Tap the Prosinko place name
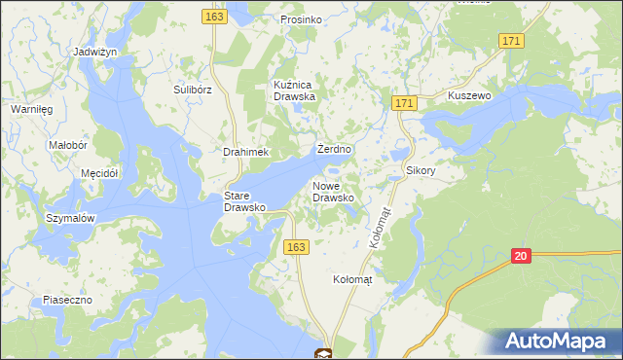(301, 19)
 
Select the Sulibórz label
(193, 90)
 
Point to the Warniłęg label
(31, 110)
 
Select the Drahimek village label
(245, 153)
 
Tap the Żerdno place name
(335, 150)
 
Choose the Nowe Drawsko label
(333, 191)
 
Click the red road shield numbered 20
(522, 256)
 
